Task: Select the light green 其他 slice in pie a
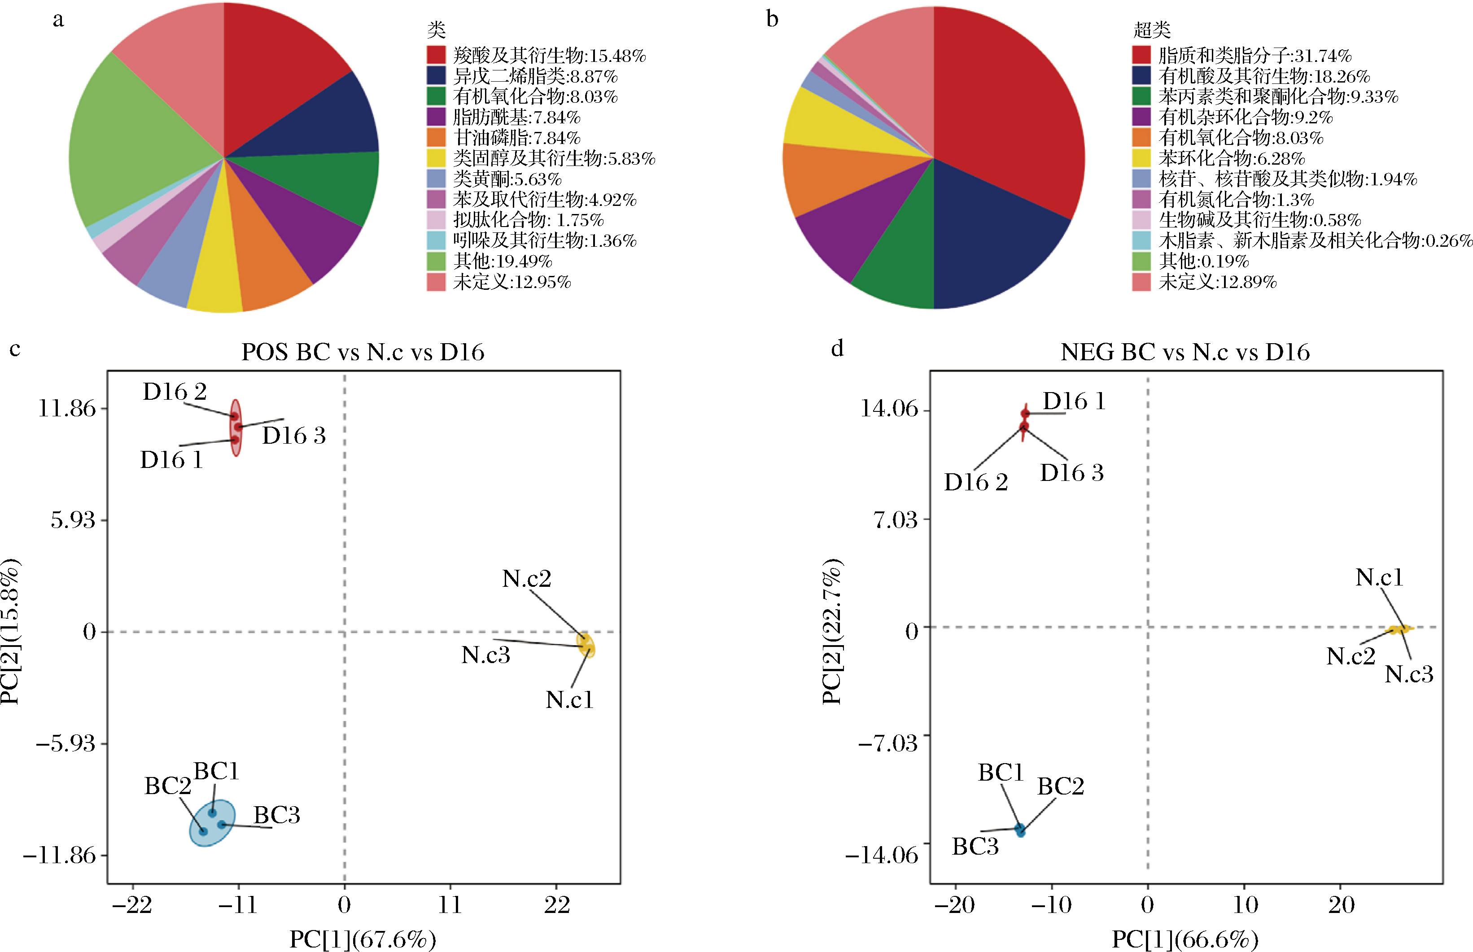(x=124, y=148)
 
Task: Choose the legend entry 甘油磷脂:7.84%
(x=516, y=138)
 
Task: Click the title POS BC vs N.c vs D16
(x=363, y=352)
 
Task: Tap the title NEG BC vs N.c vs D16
(x=1185, y=352)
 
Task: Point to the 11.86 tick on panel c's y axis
(x=67, y=409)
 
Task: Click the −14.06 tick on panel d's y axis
(x=882, y=856)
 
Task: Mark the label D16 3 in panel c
(x=293, y=436)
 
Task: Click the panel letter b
(x=772, y=20)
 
